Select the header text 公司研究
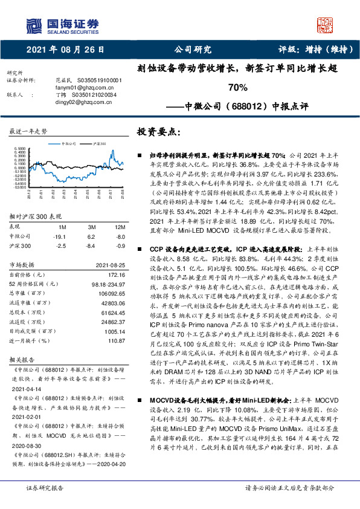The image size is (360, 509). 193,50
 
